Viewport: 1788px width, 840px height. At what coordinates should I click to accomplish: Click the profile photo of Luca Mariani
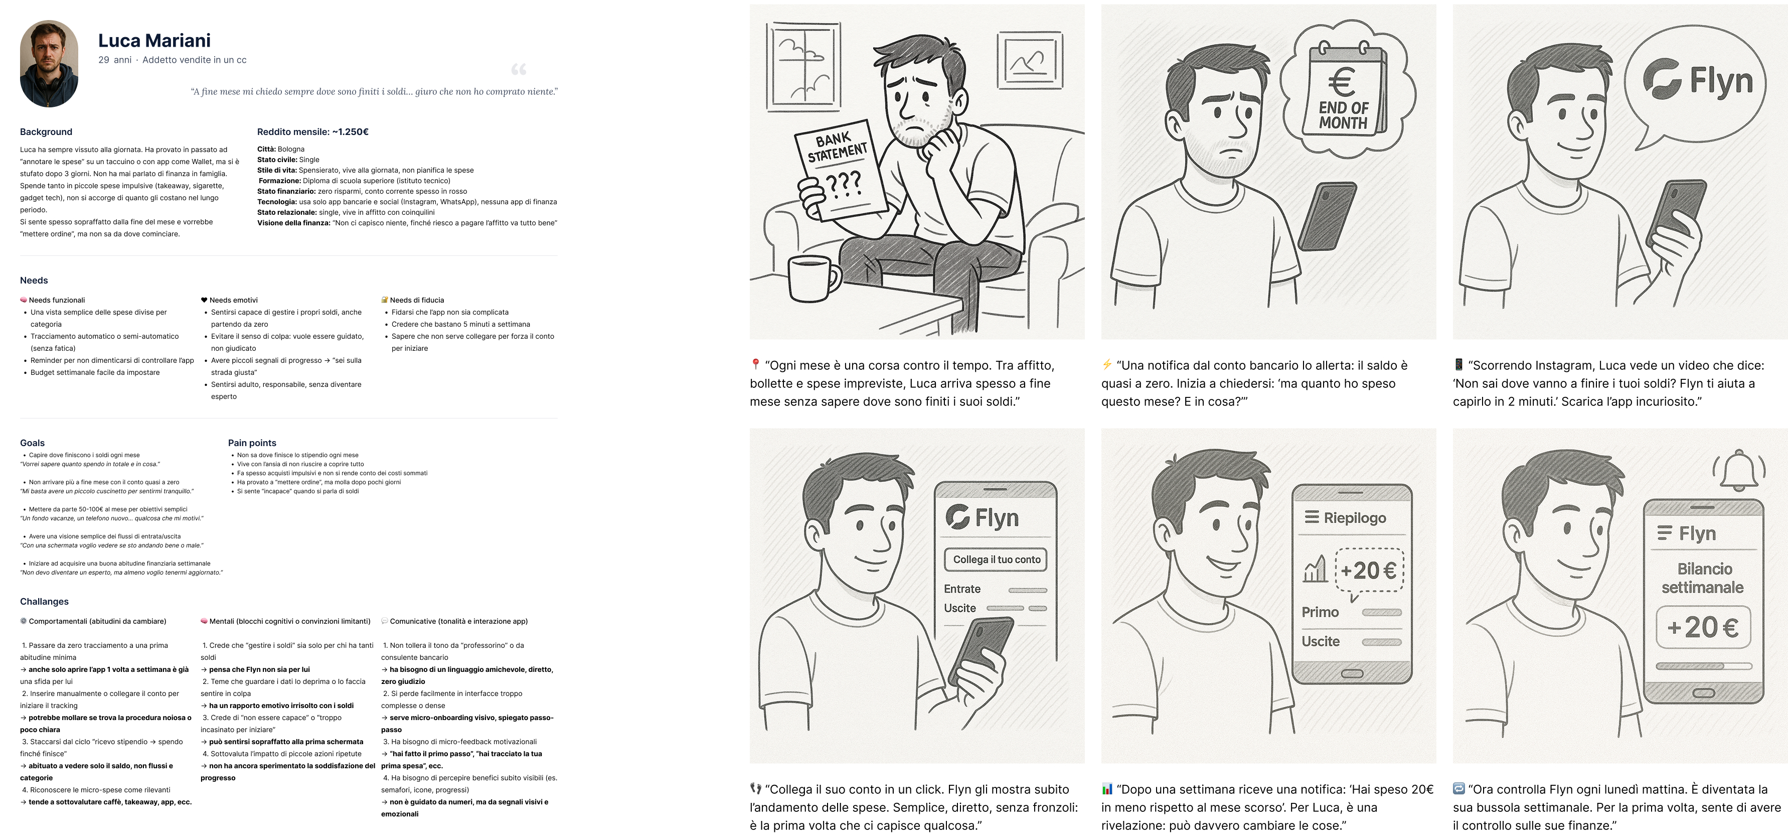point(49,63)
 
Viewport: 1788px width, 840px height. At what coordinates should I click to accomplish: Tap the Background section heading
point(46,132)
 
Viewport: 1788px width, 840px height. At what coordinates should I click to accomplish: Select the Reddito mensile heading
point(312,132)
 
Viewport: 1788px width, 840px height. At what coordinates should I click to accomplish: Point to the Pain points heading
point(252,443)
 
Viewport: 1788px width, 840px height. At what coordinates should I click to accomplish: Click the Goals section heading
point(32,443)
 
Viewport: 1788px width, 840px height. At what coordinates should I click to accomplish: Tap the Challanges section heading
point(45,602)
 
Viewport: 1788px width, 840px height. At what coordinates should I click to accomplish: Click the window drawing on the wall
point(803,67)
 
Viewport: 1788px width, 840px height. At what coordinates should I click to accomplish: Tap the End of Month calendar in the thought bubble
point(1346,88)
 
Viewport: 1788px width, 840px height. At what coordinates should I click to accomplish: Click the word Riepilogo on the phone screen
point(1354,518)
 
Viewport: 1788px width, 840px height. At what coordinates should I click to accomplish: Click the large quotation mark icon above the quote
point(519,69)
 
